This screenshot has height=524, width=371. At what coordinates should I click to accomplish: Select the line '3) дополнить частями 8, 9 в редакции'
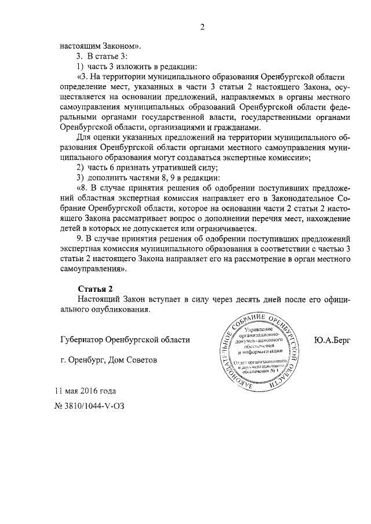(x=148, y=177)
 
